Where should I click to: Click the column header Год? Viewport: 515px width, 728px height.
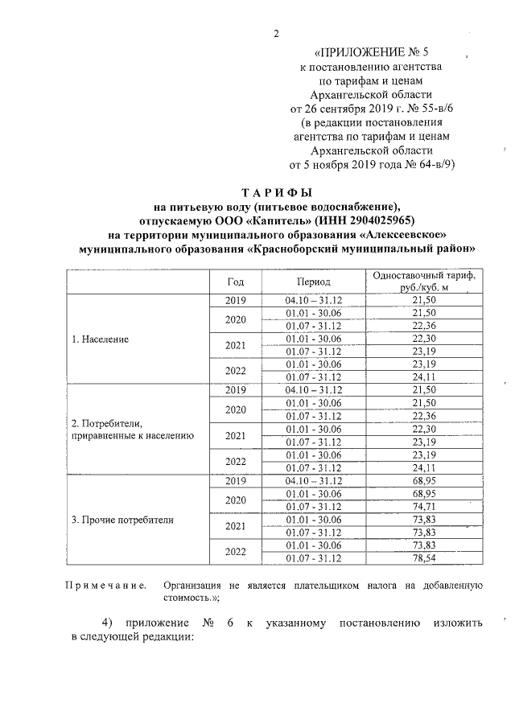click(235, 282)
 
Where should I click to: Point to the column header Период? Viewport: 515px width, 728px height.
click(313, 282)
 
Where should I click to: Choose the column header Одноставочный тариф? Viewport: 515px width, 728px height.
click(422, 276)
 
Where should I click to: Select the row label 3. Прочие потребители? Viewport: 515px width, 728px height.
click(122, 519)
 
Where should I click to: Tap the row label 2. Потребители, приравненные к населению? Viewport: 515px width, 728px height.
click(129, 429)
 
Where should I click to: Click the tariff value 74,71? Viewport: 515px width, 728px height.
click(422, 506)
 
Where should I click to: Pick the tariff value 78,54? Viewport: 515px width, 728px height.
click(422, 557)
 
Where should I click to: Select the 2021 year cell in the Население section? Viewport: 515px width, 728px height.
click(235, 345)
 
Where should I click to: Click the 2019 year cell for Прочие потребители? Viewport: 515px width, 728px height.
click(235, 481)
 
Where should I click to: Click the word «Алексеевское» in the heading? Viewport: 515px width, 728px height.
click(402, 234)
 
